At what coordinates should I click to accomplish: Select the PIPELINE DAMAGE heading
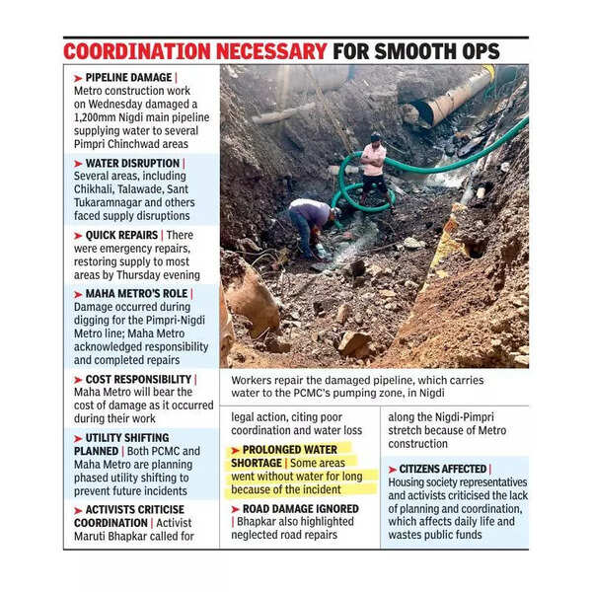pos(129,77)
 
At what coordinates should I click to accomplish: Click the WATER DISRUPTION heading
pos(132,162)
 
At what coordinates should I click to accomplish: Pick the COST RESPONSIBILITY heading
pos(138,379)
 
